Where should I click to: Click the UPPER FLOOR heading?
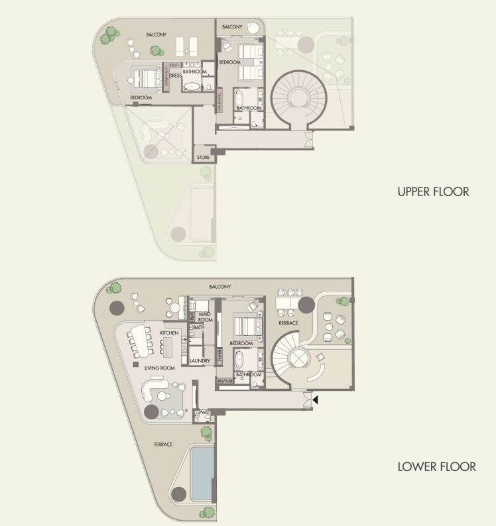click(433, 191)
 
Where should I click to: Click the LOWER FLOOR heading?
click(436, 466)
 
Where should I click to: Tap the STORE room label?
click(203, 157)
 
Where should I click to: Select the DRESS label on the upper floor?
click(175, 76)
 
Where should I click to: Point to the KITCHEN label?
click(169, 333)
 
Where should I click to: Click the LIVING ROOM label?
click(160, 368)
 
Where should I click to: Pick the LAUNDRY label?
click(200, 360)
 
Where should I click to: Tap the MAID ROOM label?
click(205, 317)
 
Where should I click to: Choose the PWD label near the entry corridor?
click(204, 412)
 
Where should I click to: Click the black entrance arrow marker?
click(315, 399)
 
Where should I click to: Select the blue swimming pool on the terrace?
click(202, 474)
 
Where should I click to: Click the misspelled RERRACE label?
click(288, 323)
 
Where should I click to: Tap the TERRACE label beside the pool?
click(163, 445)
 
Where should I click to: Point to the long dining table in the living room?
click(142, 341)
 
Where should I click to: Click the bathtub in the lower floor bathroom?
click(239, 359)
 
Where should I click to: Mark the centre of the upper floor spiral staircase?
click(298, 98)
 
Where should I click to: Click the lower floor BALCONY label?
click(220, 287)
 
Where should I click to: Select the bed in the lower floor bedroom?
click(247, 327)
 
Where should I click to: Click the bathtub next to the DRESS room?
click(192, 87)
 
